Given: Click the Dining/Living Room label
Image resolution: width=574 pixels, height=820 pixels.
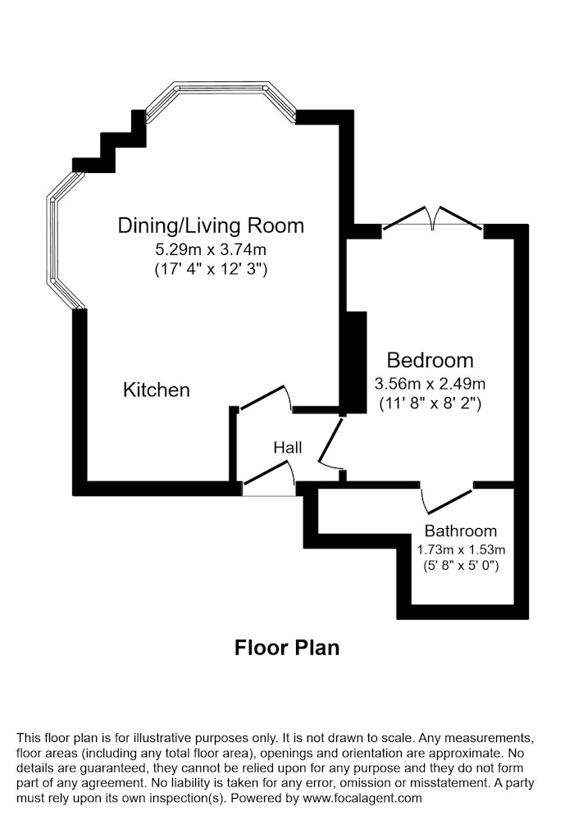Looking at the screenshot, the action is [211, 226].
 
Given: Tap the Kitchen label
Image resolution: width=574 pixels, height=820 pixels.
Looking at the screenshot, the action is [157, 390].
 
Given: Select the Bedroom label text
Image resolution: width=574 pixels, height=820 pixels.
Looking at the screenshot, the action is [430, 360].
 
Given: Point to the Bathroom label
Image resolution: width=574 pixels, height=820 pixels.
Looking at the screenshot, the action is [461, 531].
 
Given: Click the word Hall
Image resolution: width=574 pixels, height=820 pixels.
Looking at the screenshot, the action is [288, 448].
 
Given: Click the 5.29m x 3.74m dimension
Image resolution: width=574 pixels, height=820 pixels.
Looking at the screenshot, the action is [211, 249].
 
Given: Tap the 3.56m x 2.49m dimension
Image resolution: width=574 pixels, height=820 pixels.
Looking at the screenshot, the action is [430, 384].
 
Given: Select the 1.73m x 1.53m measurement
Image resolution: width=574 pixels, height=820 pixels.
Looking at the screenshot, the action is [461, 549].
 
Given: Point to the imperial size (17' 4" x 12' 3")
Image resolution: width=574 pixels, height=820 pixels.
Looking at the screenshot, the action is [212, 269].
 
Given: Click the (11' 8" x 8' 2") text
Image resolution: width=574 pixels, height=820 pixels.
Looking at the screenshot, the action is [430, 403].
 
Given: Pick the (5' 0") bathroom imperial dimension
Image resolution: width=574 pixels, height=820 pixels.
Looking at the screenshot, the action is [461, 565].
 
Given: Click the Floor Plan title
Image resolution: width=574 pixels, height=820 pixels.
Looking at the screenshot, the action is [287, 648].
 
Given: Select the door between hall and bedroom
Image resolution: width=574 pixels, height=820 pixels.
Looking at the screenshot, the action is [331, 443].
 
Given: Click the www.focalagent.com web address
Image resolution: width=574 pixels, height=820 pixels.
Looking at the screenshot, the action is [362, 799].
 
